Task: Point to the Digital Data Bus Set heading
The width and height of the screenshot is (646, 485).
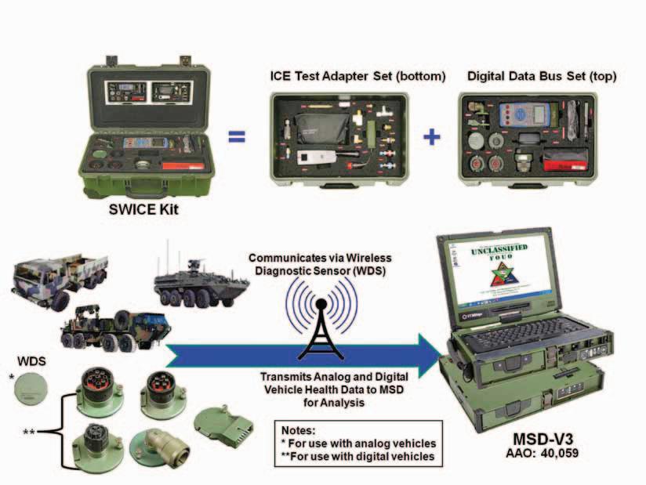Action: click(542, 77)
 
